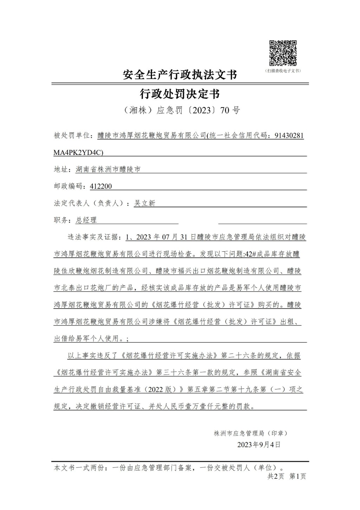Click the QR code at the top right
pyautogui.click(x=283, y=53)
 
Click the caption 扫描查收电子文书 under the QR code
pyautogui.click(x=283, y=71)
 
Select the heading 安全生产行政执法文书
pyautogui.click(x=180, y=75)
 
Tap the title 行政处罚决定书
pyautogui.click(x=180, y=94)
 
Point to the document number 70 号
pyautogui.click(x=230, y=110)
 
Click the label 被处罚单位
pyautogui.click(x=72, y=136)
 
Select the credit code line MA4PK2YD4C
pyautogui.click(x=78, y=152)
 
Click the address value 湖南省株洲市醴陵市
pyautogui.click(x=108, y=169)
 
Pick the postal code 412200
pyautogui.click(x=101, y=186)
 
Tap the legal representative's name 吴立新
pyautogui.click(x=144, y=203)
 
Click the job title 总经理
pyautogui.click(x=86, y=220)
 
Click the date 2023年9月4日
pyautogui.click(x=259, y=445)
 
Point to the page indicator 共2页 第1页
pyautogui.click(x=287, y=476)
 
